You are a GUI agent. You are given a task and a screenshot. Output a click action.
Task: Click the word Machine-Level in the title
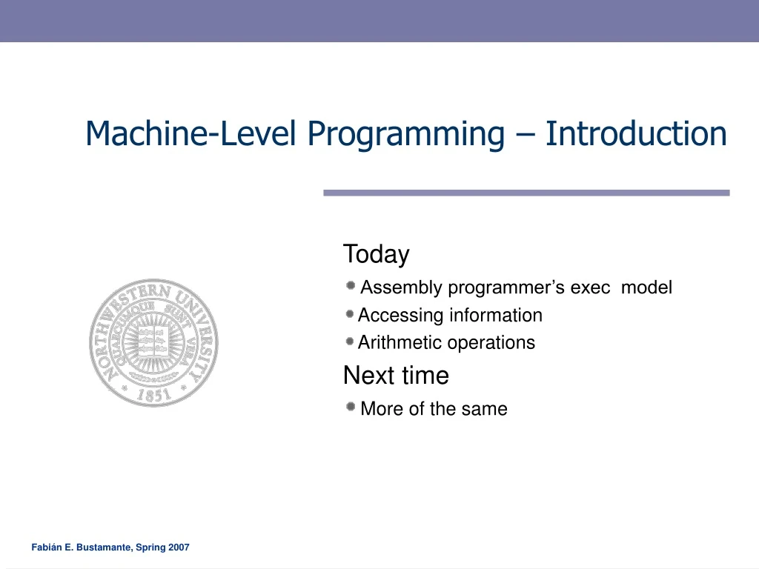coord(191,133)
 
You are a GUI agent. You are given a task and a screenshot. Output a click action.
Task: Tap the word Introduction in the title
coord(636,133)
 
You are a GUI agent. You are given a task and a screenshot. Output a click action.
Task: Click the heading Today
coord(376,254)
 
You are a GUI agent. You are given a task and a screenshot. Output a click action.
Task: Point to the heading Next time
coord(396,376)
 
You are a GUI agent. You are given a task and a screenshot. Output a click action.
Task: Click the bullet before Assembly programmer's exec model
coord(351,286)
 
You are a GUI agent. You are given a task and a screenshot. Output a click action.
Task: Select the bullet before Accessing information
coord(350,314)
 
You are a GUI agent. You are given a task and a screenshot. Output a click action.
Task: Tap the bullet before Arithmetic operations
coord(350,342)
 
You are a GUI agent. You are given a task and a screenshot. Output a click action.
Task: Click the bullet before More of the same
coord(351,407)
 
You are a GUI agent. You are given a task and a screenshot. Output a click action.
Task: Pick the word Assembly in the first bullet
coord(401,287)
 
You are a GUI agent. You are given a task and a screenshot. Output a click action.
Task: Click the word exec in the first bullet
coord(589,287)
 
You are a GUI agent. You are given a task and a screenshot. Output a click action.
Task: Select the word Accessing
coord(400,316)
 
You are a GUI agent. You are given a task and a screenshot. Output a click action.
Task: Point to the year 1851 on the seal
coord(153,395)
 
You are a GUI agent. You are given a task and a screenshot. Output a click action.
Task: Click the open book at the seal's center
coord(153,341)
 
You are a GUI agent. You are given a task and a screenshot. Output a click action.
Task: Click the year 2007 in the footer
coord(179,548)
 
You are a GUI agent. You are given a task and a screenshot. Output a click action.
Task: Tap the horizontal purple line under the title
coord(526,193)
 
